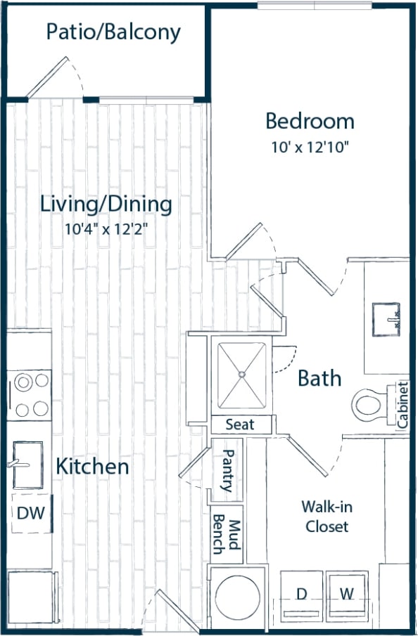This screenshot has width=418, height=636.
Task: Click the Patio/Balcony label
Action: (x=113, y=32)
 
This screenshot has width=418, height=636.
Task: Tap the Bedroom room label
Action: (x=310, y=121)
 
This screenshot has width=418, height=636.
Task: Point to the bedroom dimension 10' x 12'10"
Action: (x=310, y=148)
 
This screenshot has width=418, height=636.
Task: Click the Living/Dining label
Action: (x=106, y=205)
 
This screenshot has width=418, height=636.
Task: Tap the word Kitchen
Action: (x=92, y=466)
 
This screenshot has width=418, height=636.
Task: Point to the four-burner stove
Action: (x=32, y=395)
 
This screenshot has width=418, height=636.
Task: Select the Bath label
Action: (x=319, y=378)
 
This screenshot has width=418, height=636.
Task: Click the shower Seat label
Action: (x=239, y=425)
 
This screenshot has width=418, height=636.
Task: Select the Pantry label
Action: (x=227, y=470)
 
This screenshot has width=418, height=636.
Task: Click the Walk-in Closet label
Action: (x=325, y=516)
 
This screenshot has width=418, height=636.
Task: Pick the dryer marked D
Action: (x=301, y=595)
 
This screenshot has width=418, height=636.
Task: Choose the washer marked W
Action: (x=346, y=595)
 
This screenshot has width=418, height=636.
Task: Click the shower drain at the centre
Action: (x=241, y=375)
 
